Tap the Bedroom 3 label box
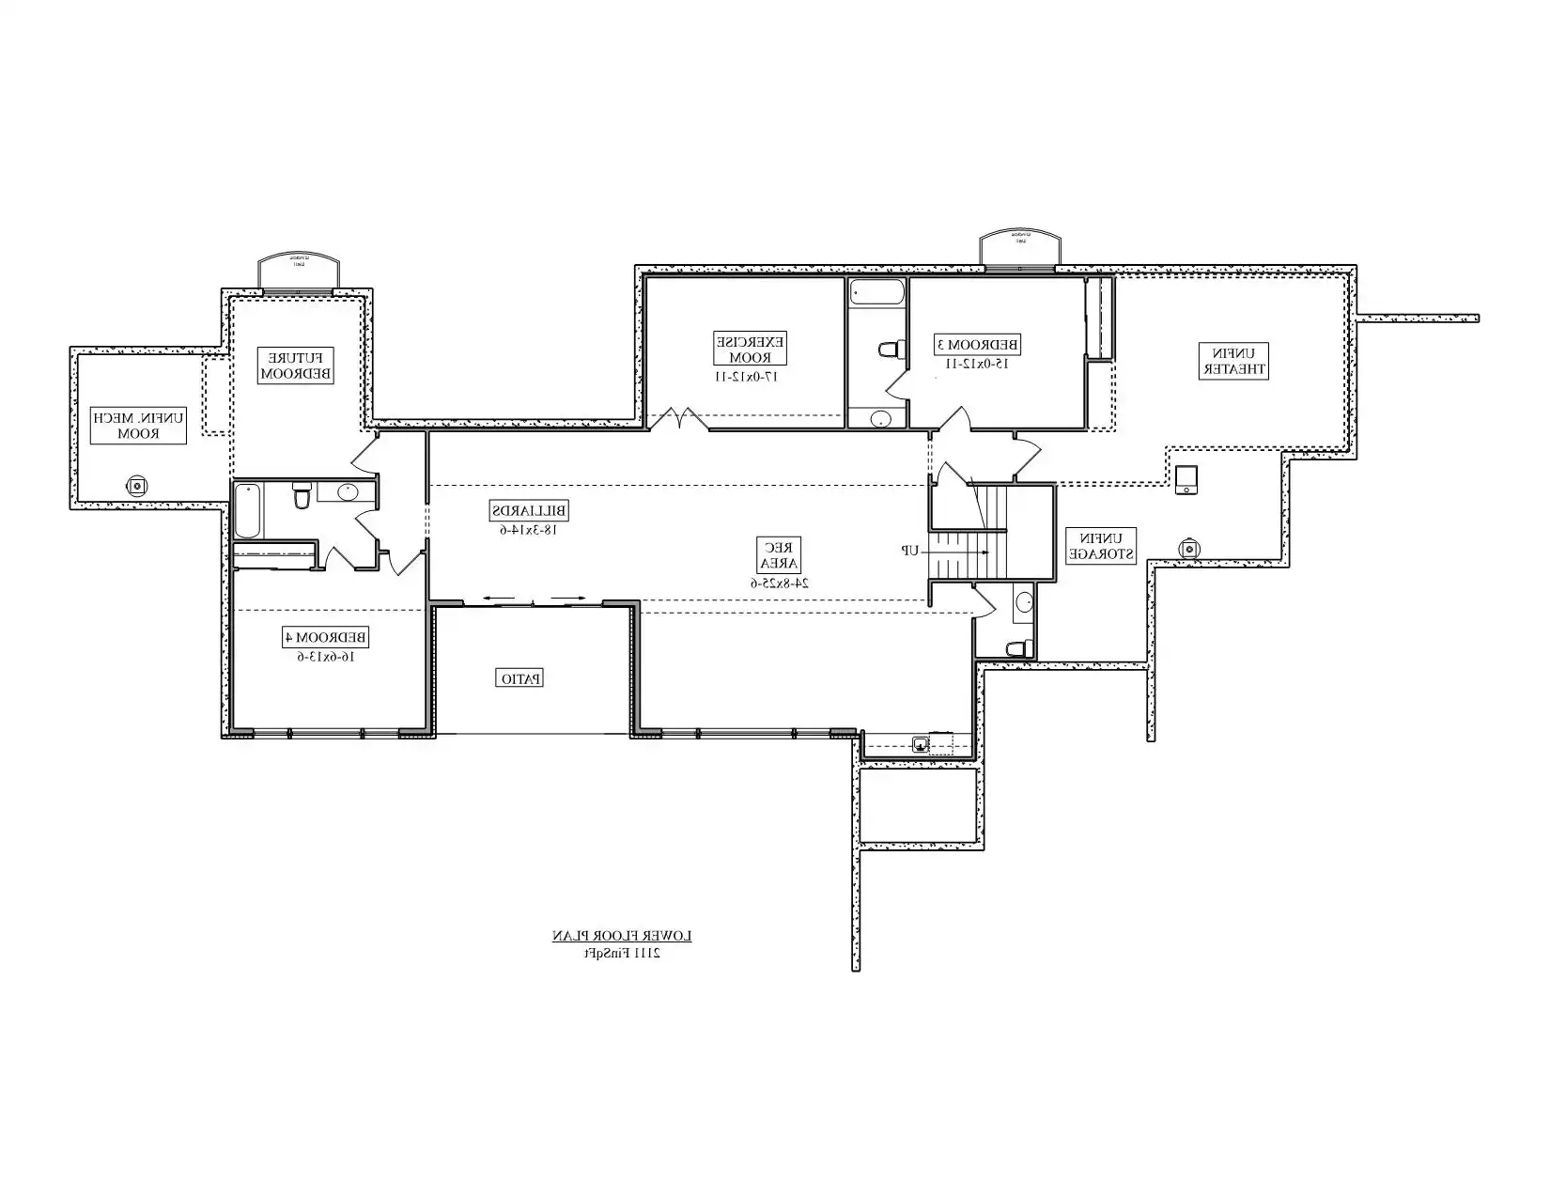tap(977, 344)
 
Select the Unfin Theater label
tap(1233, 361)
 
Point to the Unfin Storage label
tap(1101, 546)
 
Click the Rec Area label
tap(780, 554)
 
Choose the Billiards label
tap(530, 511)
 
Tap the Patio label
tap(520, 677)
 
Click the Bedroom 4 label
tap(325, 637)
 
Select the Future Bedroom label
tap(296, 366)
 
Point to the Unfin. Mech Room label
tap(138, 425)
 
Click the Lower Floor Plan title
tap(622, 936)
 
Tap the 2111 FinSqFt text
tap(622, 953)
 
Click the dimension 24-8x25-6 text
tap(779, 583)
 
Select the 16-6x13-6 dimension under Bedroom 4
tap(326, 656)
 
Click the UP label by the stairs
tap(909, 551)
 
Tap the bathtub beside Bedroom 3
tap(876, 292)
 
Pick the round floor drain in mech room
tap(137, 486)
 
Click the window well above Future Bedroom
tap(298, 272)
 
